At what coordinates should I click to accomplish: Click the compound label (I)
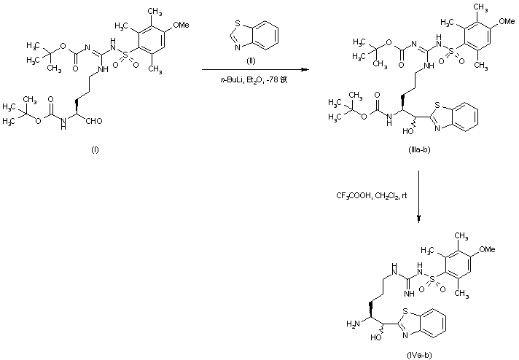(95, 149)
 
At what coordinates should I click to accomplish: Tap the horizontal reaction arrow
(255, 69)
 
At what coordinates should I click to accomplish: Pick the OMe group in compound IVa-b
(488, 250)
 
